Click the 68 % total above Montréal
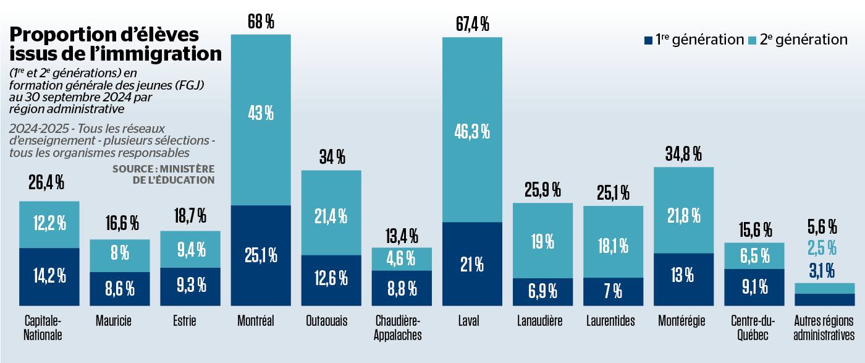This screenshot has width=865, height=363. (x=260, y=23)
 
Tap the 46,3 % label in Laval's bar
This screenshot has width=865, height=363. (x=472, y=130)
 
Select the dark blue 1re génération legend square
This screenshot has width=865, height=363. (x=648, y=40)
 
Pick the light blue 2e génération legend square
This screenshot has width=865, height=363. (x=752, y=40)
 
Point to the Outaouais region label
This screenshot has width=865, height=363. (x=326, y=322)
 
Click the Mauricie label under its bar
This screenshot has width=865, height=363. (x=114, y=322)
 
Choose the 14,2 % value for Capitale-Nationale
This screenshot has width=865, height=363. (x=49, y=276)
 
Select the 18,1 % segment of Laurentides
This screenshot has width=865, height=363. (x=613, y=246)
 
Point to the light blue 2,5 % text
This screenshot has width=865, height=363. (x=822, y=249)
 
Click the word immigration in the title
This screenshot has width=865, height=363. (x=162, y=55)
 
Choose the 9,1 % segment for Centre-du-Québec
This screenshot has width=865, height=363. (x=754, y=287)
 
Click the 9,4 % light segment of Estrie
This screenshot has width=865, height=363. (x=190, y=250)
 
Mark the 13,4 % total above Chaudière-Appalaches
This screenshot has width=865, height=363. (x=402, y=236)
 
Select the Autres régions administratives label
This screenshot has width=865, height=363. (x=824, y=328)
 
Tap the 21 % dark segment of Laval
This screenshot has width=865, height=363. (x=472, y=264)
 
